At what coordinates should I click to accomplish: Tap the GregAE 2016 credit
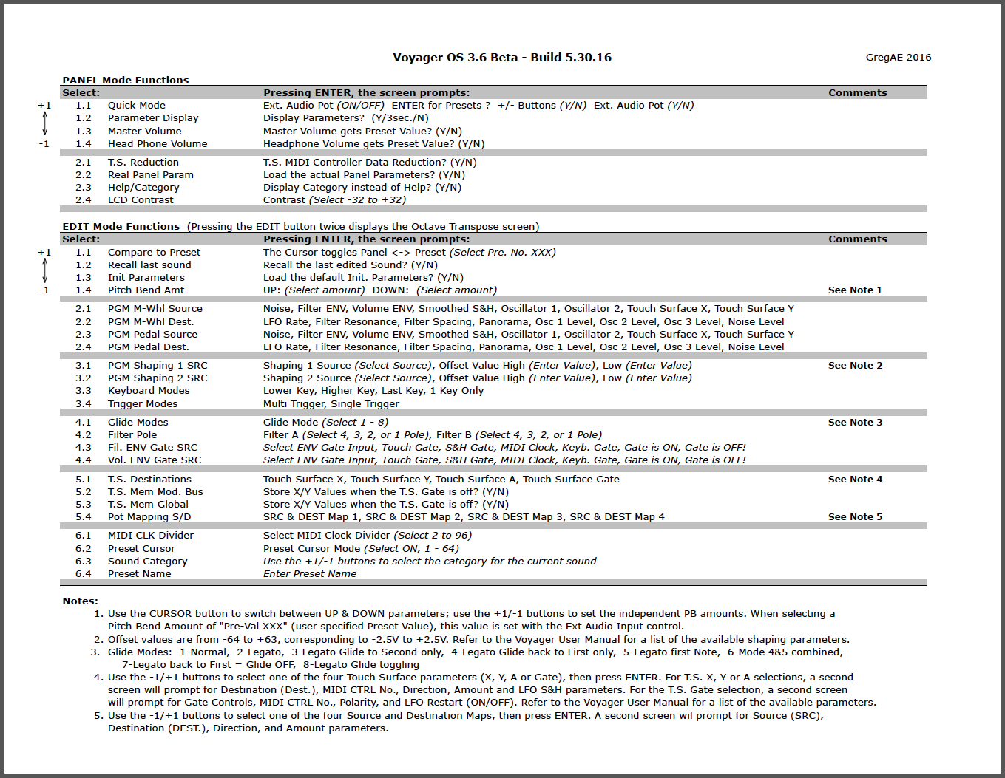[898, 58]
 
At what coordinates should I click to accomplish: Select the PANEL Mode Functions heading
[125, 80]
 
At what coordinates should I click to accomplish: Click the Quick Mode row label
[137, 106]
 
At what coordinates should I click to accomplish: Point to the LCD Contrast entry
[141, 200]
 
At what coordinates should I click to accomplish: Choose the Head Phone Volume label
[158, 144]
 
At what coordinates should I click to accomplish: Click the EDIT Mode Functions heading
[121, 227]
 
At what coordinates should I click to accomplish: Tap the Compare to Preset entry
[154, 253]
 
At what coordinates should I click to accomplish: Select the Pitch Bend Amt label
[146, 290]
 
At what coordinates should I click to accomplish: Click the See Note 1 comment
[855, 290]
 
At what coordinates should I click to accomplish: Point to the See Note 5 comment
[855, 517]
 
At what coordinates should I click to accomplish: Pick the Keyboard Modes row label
[149, 391]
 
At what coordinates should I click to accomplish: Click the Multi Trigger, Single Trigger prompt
[331, 404]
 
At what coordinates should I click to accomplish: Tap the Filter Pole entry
[132, 435]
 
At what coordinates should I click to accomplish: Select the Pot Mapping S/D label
[149, 517]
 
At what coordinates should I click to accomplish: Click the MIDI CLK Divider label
[151, 536]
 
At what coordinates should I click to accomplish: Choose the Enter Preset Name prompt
[309, 574]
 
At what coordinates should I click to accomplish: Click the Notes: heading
[80, 601]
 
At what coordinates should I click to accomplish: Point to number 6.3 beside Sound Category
[83, 562]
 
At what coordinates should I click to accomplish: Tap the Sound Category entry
[147, 562]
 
